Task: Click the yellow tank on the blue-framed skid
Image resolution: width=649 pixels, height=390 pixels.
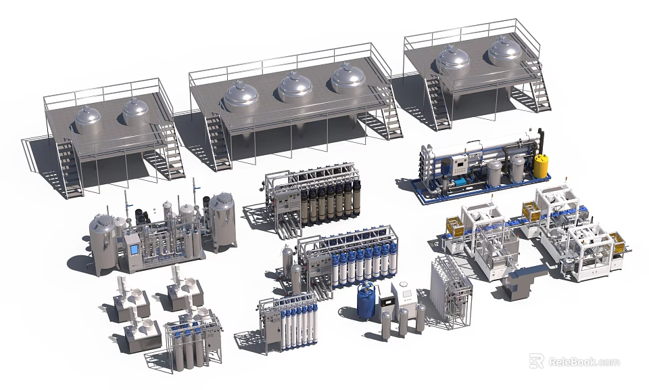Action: coord(541,165)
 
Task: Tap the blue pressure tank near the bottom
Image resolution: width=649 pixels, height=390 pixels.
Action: coord(366,302)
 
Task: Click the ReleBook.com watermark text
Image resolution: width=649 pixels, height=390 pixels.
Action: coord(583,362)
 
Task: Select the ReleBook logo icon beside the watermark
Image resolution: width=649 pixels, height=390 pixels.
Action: coord(537,362)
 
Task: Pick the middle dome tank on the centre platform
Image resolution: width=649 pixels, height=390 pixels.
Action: coord(295,88)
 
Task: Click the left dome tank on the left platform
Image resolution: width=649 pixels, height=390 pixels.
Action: coord(88,120)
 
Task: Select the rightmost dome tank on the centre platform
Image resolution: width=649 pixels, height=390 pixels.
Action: coord(348,78)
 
